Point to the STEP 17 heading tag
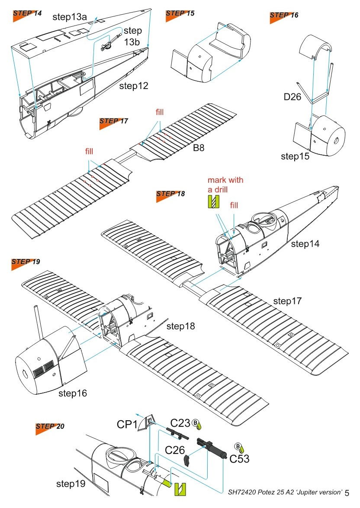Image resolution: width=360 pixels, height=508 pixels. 114,121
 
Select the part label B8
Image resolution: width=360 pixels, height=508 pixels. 199,148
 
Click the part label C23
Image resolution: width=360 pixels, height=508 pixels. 180,423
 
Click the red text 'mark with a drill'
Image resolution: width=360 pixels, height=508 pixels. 225,184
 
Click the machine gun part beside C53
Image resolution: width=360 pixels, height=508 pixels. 212,447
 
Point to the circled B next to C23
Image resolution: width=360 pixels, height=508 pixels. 195,422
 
